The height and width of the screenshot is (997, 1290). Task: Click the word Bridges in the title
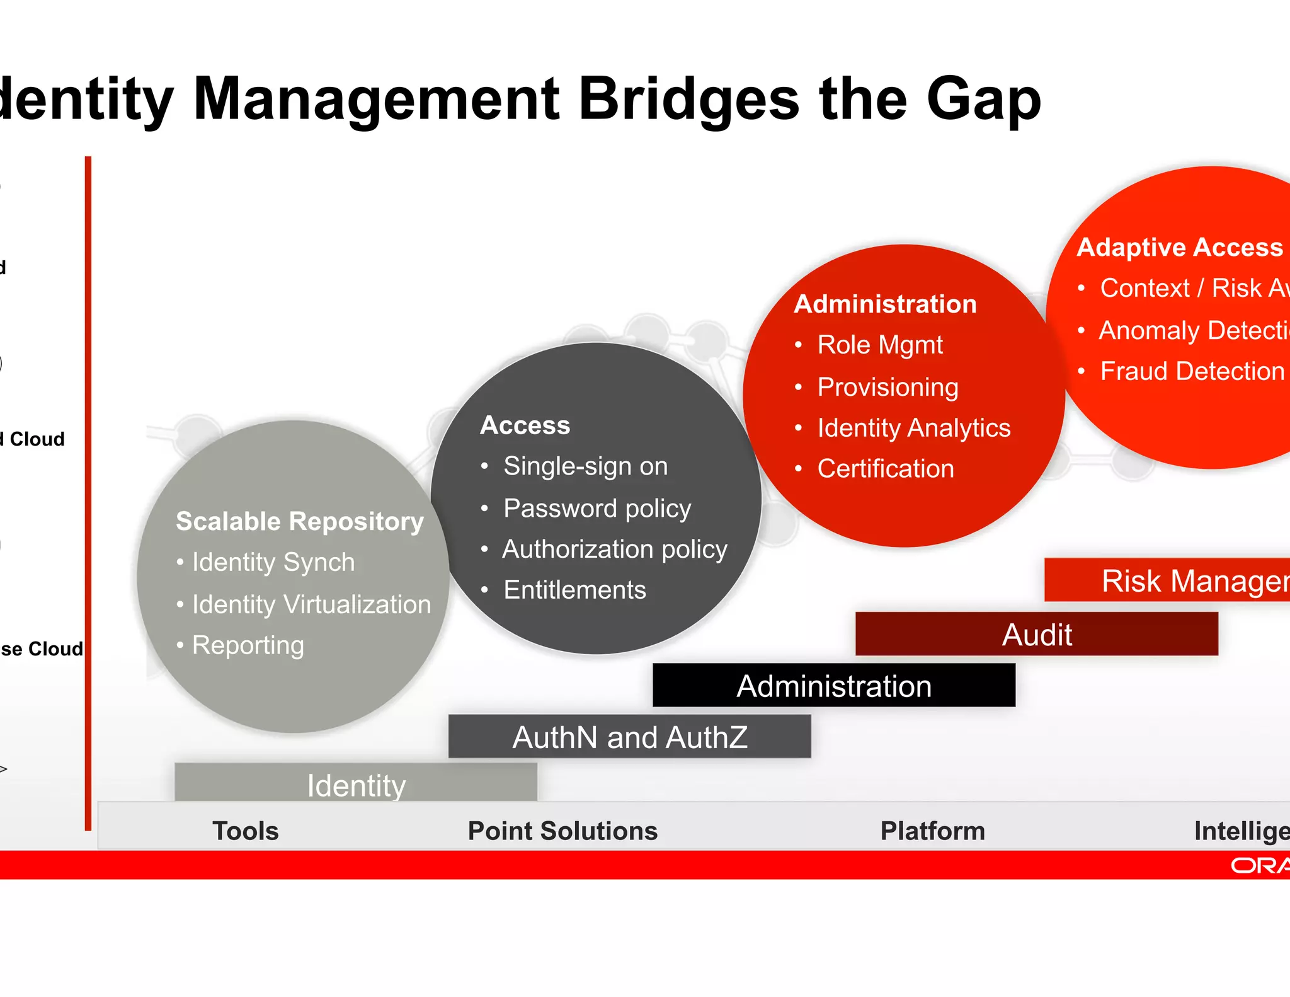click(x=688, y=99)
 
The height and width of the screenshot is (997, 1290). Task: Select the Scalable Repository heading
click(x=300, y=521)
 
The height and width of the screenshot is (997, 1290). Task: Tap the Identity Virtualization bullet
click(x=311, y=604)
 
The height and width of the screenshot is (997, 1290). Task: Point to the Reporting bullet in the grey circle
click(x=248, y=645)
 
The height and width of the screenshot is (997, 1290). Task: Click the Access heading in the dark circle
click(x=525, y=425)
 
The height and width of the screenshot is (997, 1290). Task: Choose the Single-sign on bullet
click(x=585, y=466)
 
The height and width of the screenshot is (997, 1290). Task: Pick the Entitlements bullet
click(x=574, y=590)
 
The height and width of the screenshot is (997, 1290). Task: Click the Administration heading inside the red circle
click(x=885, y=304)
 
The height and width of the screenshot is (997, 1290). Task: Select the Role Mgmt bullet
click(x=879, y=345)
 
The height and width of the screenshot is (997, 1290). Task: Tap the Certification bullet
click(x=885, y=469)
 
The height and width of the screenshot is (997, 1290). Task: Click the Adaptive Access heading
click(x=1179, y=247)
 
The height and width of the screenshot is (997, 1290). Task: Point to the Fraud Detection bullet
click(x=1192, y=371)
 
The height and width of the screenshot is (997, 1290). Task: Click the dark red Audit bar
click(x=1036, y=635)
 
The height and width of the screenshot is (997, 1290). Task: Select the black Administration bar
click(x=833, y=686)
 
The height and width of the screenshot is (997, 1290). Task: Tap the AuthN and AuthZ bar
click(x=629, y=737)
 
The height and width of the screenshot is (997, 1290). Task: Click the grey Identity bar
click(x=356, y=784)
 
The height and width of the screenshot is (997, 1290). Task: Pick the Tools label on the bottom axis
click(x=245, y=831)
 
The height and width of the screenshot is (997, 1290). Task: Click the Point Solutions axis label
click(x=562, y=831)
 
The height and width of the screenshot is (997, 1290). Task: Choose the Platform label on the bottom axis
click(x=932, y=831)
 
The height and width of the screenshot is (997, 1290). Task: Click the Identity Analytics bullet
click(x=913, y=428)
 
